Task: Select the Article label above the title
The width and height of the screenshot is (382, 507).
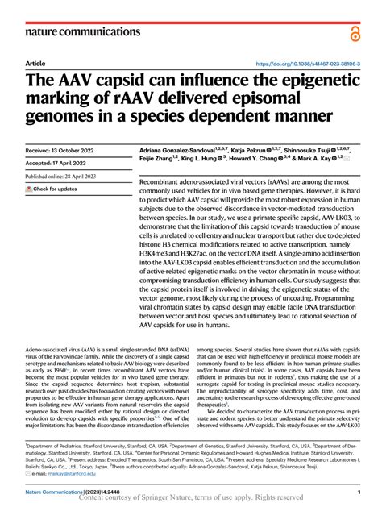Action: coord(35,64)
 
